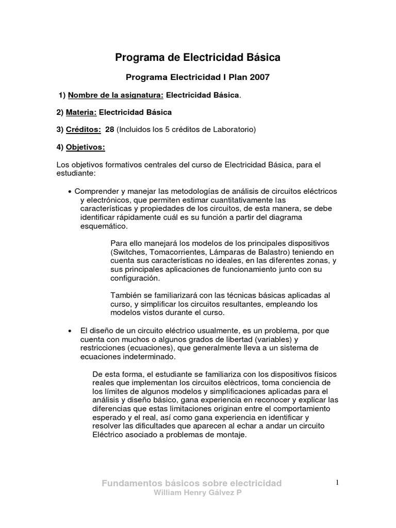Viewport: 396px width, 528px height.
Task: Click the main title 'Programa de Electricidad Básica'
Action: [197, 58]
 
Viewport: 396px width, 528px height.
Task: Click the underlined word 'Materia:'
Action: [81, 112]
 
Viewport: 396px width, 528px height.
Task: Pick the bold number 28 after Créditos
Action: [109, 129]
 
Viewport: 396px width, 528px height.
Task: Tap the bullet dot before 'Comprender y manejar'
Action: [70, 191]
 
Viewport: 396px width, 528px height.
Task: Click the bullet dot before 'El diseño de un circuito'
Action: [70, 330]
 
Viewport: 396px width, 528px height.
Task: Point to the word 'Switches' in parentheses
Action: [127, 252]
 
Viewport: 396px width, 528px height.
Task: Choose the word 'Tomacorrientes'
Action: [176, 252]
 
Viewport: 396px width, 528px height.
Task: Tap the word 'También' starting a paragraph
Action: [125, 295]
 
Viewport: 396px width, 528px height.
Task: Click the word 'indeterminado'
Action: [150, 356]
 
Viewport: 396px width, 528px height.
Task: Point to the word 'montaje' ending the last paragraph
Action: [233, 435]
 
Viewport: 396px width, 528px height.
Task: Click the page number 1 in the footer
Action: [337, 482]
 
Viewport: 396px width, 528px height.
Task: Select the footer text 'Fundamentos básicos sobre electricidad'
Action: [192, 483]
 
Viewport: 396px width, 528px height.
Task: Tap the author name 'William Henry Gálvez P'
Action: [192, 492]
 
